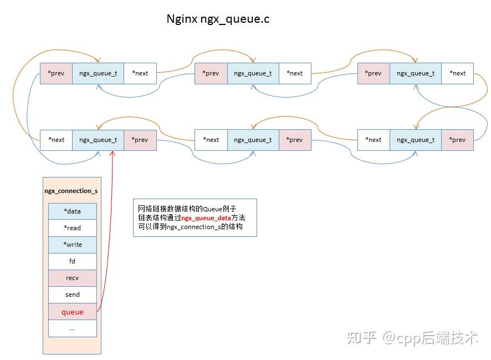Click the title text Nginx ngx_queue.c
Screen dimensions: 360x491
tap(218, 19)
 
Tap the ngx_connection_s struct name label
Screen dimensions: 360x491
tap(71, 191)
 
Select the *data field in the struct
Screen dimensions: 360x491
tap(72, 211)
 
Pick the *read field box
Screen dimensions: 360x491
tap(72, 228)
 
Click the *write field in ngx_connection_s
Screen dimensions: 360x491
tap(72, 245)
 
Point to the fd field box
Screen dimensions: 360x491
tap(72, 261)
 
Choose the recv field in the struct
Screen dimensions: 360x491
tap(72, 278)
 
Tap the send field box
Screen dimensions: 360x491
tap(72, 295)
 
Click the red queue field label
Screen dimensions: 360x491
tap(72, 312)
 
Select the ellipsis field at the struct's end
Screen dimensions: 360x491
tap(72, 328)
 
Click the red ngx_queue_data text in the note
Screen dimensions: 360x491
tap(206, 218)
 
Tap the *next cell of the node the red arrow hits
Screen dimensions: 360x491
tap(56, 140)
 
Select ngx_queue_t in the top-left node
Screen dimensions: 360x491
tap(98, 73)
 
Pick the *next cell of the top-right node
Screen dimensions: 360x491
tap(457, 73)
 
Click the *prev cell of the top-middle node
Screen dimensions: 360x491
tap(211, 73)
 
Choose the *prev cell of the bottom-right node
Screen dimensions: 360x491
tap(457, 140)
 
